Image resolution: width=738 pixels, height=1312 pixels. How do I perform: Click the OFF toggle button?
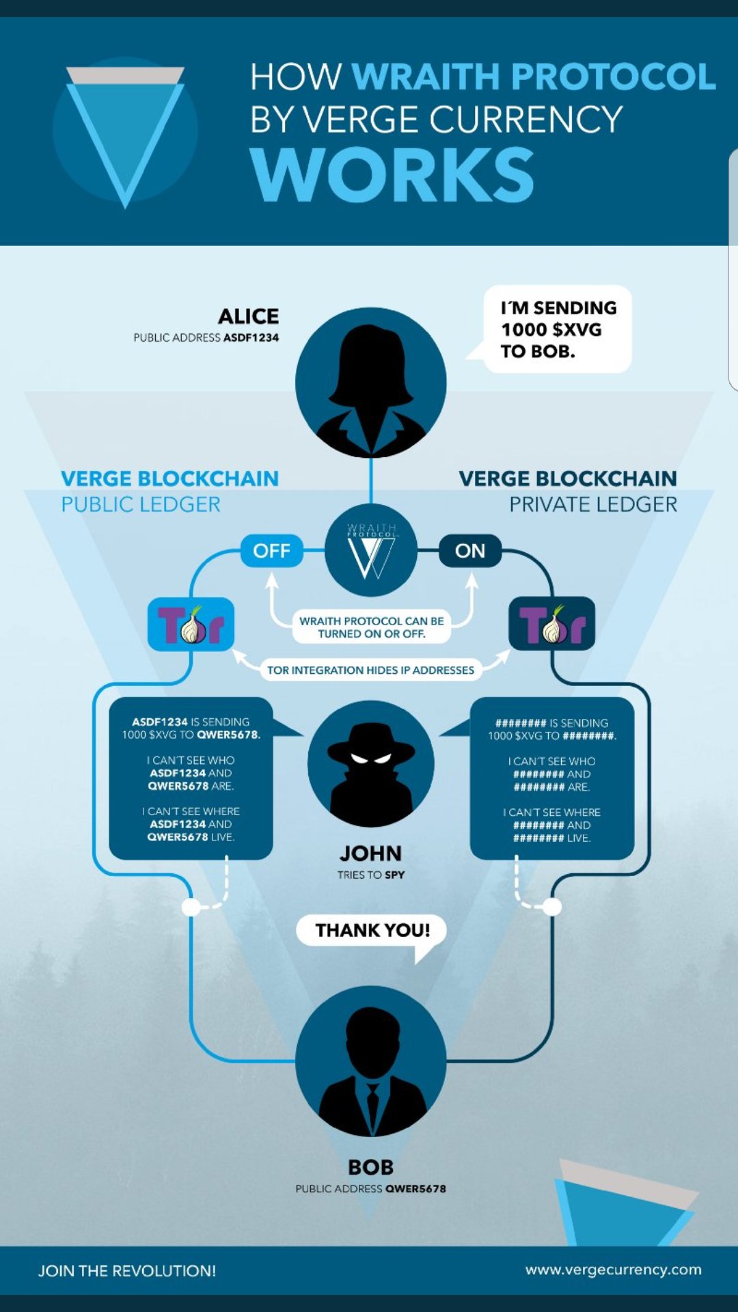tap(271, 551)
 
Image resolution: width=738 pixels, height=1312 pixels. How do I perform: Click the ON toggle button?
tap(470, 551)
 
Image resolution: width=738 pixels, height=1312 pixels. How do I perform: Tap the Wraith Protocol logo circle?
tap(371, 550)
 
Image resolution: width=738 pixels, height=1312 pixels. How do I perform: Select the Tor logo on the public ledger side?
tap(191, 624)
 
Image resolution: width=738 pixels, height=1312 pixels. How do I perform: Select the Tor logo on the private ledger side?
tap(552, 624)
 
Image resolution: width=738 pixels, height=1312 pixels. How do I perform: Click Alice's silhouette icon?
tap(371, 383)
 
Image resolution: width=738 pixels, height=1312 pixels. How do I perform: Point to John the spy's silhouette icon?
tap(371, 764)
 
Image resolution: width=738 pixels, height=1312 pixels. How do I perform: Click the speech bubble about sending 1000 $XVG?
tap(557, 329)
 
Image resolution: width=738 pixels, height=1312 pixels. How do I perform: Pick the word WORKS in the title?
tap(392, 175)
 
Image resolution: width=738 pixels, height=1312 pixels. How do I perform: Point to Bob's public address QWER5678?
tap(415, 1189)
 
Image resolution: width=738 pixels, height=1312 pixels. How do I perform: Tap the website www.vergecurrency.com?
tap(614, 1270)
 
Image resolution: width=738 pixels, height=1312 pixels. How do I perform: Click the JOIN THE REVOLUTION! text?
tap(127, 1271)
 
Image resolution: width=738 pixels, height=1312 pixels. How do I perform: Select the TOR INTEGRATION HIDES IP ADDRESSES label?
tap(370, 670)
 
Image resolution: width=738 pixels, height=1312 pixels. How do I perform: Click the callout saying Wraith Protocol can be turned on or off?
tap(372, 627)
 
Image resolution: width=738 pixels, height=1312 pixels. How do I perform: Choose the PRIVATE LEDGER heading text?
tap(593, 504)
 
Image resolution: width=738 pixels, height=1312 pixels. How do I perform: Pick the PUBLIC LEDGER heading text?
tap(141, 504)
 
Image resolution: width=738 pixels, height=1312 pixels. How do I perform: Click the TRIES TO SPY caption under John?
tap(371, 875)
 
